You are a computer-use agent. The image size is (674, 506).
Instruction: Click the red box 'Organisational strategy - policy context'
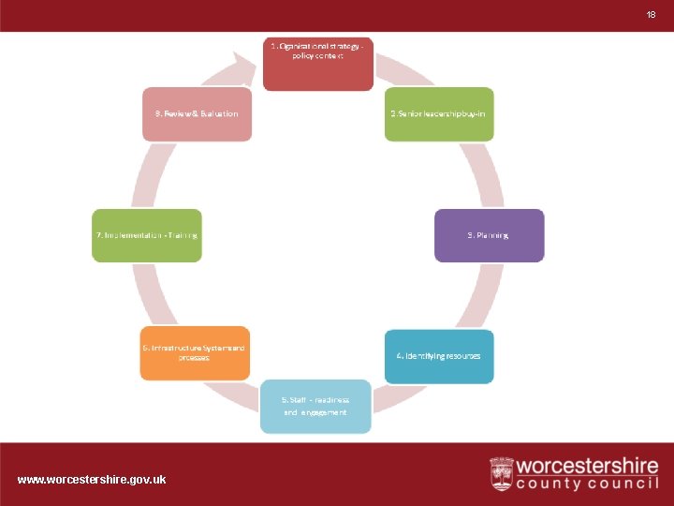click(317, 64)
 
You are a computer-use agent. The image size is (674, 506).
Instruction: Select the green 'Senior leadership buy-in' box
click(439, 114)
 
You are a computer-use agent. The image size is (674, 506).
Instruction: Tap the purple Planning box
click(489, 235)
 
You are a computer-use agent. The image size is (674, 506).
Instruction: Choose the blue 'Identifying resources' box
click(439, 356)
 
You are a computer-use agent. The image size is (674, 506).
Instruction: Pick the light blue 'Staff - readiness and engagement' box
click(315, 407)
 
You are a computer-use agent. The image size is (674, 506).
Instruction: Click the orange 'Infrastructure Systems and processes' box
click(195, 353)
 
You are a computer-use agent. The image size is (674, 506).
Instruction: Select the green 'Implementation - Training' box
click(147, 235)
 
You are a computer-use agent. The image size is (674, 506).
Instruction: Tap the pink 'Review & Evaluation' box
click(197, 114)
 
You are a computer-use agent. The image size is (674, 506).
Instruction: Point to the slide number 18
click(652, 15)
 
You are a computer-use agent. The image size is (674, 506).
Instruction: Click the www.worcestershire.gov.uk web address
click(92, 479)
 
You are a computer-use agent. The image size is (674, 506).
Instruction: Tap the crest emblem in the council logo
click(502, 473)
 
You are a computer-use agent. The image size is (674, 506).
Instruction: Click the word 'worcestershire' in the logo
click(587, 466)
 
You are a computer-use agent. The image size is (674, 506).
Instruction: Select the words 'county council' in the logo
click(587, 484)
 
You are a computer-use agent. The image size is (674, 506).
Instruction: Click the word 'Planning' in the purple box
click(492, 235)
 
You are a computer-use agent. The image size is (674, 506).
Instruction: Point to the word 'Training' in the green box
click(183, 235)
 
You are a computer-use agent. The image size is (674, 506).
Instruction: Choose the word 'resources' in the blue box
click(462, 356)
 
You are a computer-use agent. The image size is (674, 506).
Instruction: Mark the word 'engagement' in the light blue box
click(323, 412)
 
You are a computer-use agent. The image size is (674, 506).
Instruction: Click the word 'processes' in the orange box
click(195, 358)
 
